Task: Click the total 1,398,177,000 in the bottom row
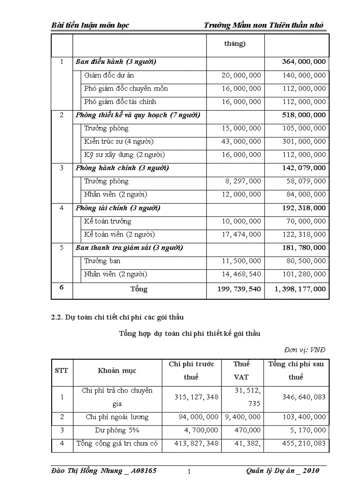pos(297,289)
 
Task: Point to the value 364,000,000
pos(304,62)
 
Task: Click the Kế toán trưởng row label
pos(108,221)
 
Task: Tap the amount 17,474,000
pos(241,234)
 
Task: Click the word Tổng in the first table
pos(139,289)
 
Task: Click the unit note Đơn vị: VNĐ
pos(304,350)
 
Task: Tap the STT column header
pos(61,370)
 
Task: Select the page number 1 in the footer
pos(189,472)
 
